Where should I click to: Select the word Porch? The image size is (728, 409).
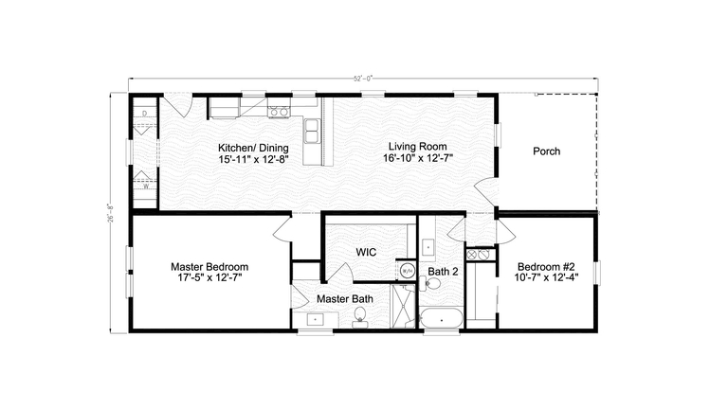[546, 151]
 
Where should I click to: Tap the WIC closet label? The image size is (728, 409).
[368, 253]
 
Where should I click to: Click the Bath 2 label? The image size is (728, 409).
[442, 272]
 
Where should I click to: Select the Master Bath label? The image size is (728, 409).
[344, 298]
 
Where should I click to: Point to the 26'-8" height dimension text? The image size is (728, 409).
[113, 212]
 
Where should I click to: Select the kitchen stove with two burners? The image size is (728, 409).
[278, 112]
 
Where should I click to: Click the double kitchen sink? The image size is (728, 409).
[311, 133]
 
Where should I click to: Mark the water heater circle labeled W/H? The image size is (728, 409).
[408, 270]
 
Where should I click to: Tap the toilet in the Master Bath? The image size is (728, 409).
[359, 321]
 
